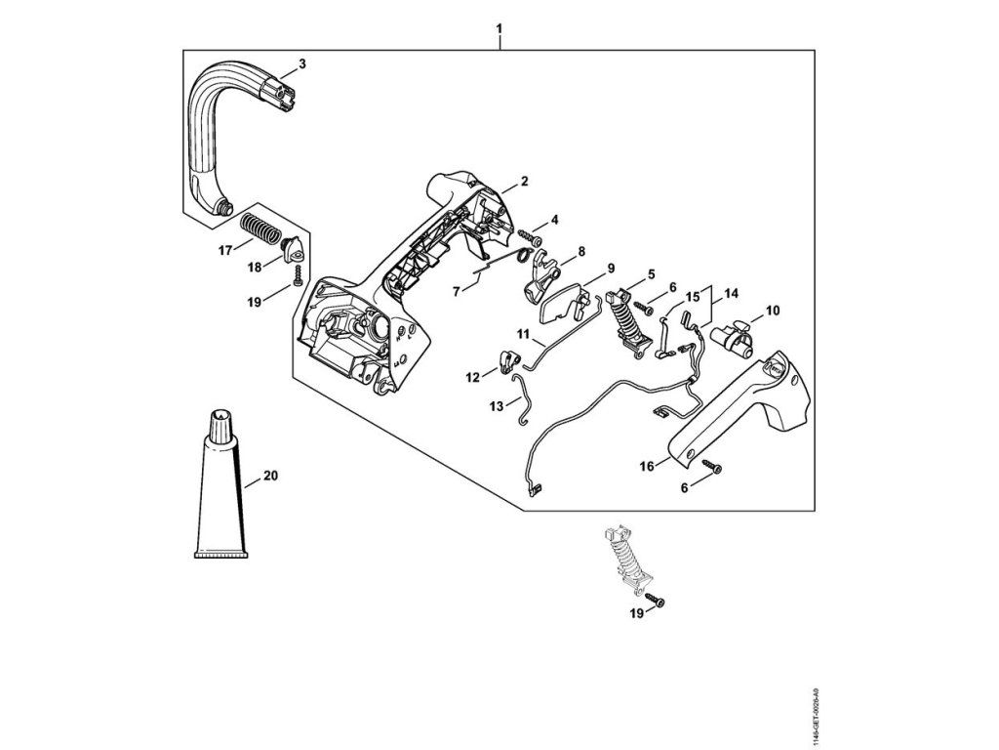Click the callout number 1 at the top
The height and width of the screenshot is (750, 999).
(x=499, y=29)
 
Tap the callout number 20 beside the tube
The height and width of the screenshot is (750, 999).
(x=270, y=477)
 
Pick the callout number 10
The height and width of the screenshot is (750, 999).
(x=773, y=311)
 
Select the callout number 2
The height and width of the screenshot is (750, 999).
(x=524, y=181)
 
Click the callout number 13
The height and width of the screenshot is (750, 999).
(x=496, y=403)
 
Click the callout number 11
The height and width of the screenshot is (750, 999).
(x=523, y=335)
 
